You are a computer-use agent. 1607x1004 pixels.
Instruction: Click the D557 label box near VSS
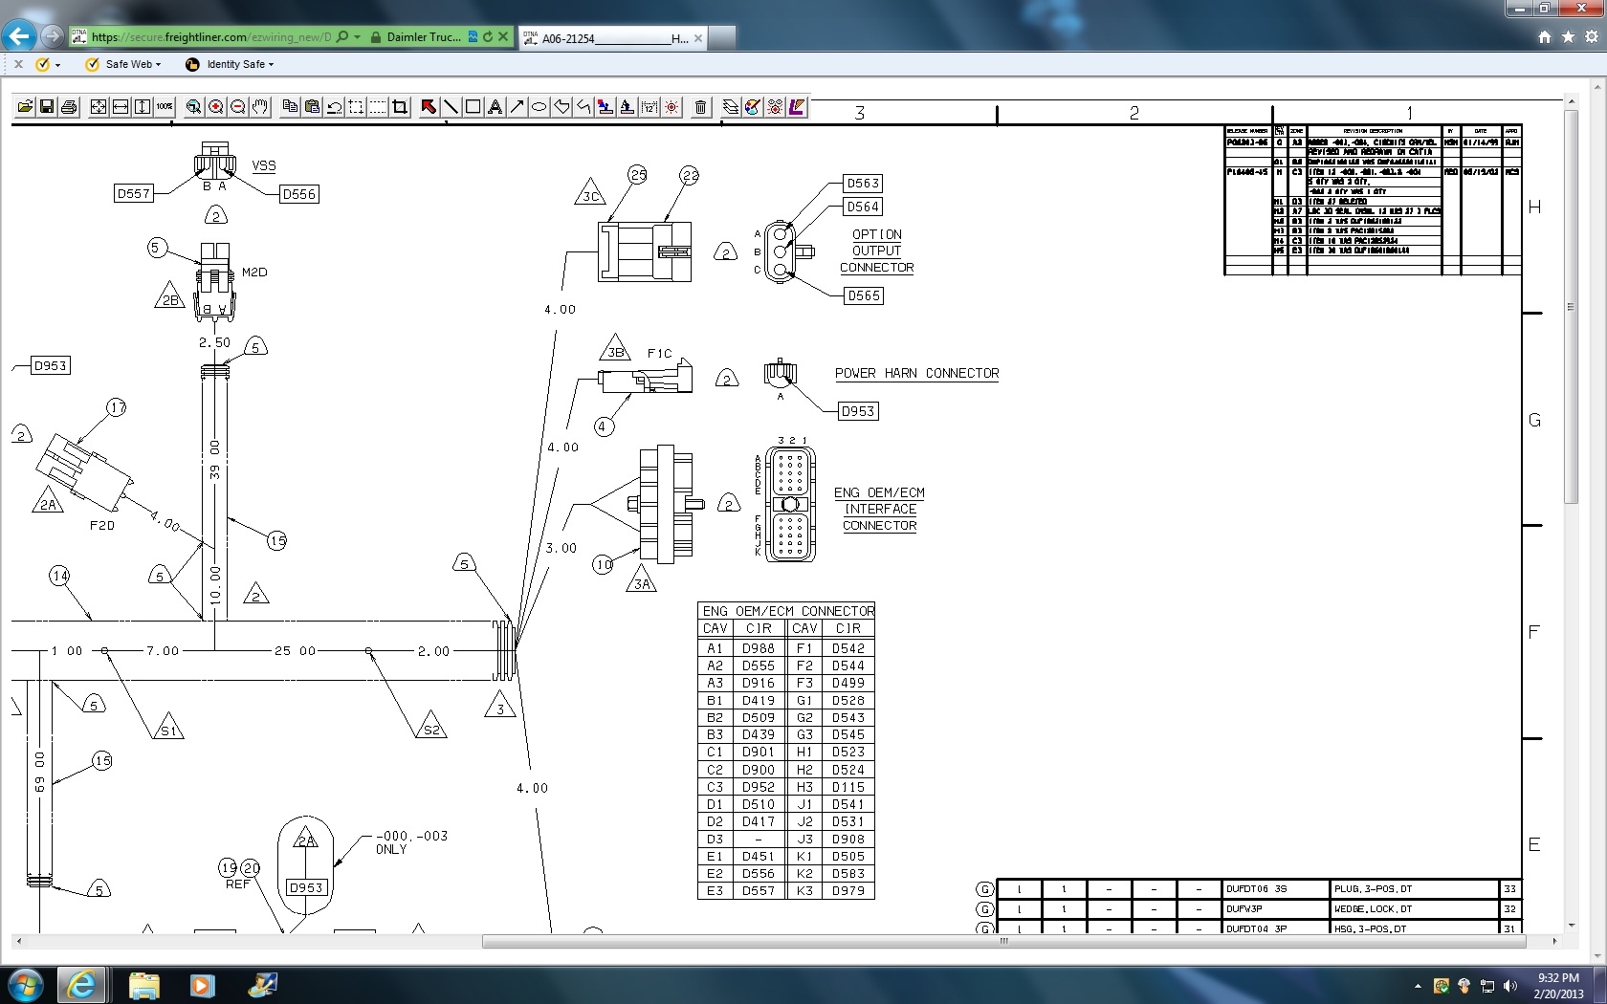pyautogui.click(x=133, y=193)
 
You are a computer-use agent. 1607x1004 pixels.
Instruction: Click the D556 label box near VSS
pyautogui.click(x=298, y=194)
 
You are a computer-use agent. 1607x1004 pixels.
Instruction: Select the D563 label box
pyautogui.click(x=863, y=184)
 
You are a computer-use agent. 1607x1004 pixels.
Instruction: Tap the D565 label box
pyautogui.click(x=863, y=296)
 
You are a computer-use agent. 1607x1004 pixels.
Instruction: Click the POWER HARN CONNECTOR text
pyautogui.click(x=916, y=374)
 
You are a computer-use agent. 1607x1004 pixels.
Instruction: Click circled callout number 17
pyautogui.click(x=117, y=408)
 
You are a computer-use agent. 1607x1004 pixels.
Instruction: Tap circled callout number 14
pyautogui.click(x=60, y=576)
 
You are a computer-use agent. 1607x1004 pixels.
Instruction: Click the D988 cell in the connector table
pyautogui.click(x=758, y=648)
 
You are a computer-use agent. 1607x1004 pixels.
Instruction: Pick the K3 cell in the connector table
pyautogui.click(x=804, y=891)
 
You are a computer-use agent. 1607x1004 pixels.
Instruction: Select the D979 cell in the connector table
pyautogui.click(x=848, y=891)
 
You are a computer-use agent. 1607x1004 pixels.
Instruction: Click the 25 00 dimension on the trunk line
pyautogui.click(x=295, y=651)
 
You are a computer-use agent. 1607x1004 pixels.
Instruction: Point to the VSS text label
pyautogui.click(x=264, y=165)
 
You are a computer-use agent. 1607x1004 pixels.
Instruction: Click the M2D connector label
pyautogui.click(x=254, y=273)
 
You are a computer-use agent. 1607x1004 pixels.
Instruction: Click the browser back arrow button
pyautogui.click(x=19, y=36)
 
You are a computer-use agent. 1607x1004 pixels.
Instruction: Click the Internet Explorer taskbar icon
pyautogui.click(x=81, y=985)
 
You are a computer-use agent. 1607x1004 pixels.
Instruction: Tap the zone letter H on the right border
pyautogui.click(x=1534, y=207)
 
